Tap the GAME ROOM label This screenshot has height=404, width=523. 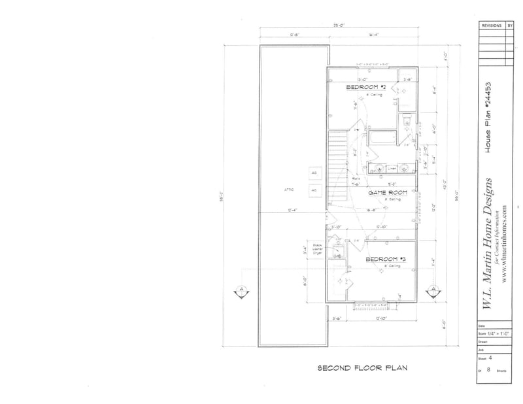(x=388, y=193)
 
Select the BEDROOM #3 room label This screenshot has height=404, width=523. (x=386, y=259)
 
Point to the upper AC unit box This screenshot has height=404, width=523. (x=314, y=173)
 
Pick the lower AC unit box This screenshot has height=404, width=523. (x=314, y=190)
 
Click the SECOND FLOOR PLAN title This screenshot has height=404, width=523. (x=362, y=368)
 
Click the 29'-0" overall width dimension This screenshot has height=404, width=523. (x=338, y=26)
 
